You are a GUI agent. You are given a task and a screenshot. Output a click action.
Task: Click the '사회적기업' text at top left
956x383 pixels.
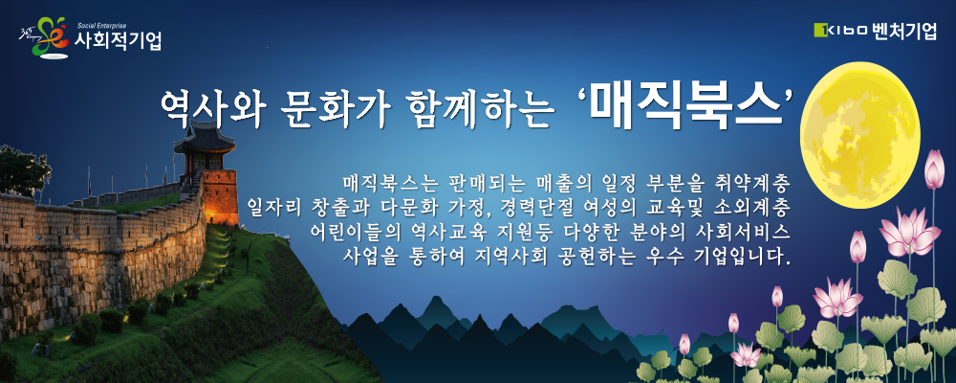click(117, 41)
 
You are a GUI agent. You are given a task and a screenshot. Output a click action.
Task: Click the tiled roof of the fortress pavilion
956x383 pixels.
click(205, 139)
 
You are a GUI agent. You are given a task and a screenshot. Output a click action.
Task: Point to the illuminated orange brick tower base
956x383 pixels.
click(220, 196)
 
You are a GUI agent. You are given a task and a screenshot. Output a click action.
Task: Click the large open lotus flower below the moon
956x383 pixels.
click(908, 232)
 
